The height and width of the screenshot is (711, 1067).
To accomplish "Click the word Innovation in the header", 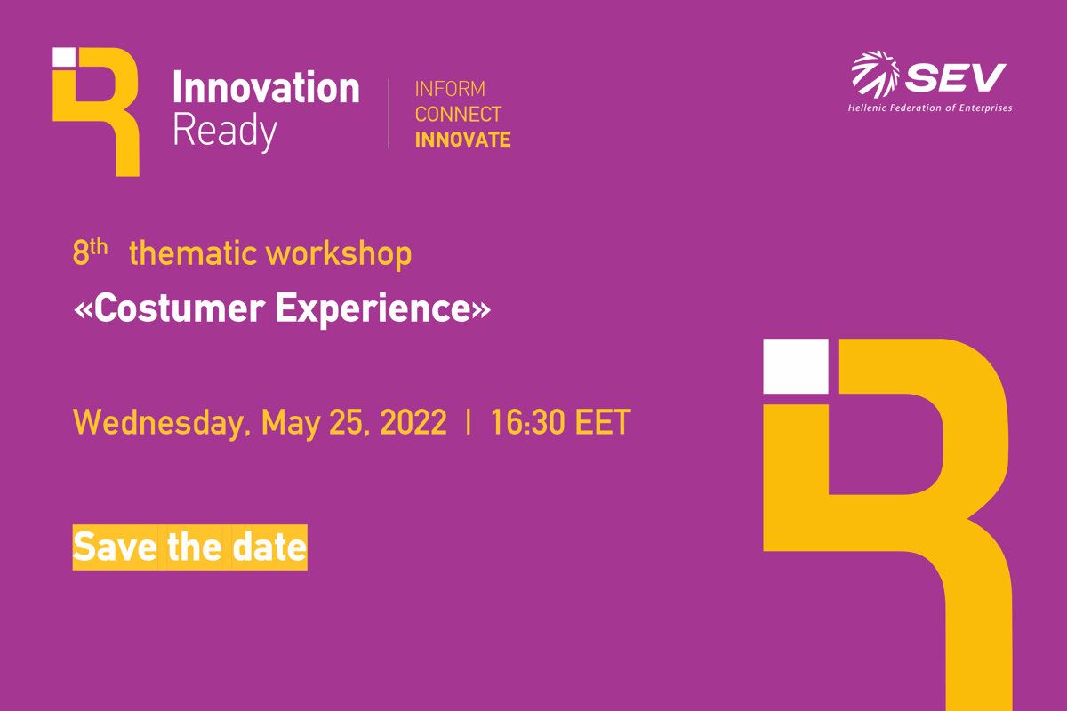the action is coord(266,87).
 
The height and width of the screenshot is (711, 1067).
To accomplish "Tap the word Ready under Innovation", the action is coord(224,131).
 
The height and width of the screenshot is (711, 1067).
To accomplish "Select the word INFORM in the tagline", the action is coord(450,89).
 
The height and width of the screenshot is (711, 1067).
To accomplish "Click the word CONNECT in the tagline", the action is coord(458,115).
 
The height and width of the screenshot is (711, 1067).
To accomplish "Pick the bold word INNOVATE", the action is coord(463,140).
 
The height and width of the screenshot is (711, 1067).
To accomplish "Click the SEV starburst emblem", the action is coord(876,75).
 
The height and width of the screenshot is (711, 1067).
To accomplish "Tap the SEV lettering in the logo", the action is coord(955,77).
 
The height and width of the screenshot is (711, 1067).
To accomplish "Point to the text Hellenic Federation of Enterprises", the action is coord(930,108).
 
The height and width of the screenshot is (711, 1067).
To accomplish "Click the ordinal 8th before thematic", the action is coord(90,252).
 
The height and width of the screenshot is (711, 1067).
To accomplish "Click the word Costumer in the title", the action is coord(180,308).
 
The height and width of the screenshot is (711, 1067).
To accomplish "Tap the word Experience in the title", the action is coord(373,309).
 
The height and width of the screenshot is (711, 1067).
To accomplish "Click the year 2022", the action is coord(413,422).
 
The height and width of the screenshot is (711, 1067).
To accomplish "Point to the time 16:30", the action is coord(528,422).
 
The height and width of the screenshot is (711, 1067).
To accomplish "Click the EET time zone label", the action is coord(603,422).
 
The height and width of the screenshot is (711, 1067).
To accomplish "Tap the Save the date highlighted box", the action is coord(190,547).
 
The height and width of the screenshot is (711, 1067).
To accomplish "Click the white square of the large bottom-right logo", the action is coord(796,366).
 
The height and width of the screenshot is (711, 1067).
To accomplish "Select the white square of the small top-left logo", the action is coord(64,57).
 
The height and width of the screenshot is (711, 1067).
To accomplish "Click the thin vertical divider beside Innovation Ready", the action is coord(389,113).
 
